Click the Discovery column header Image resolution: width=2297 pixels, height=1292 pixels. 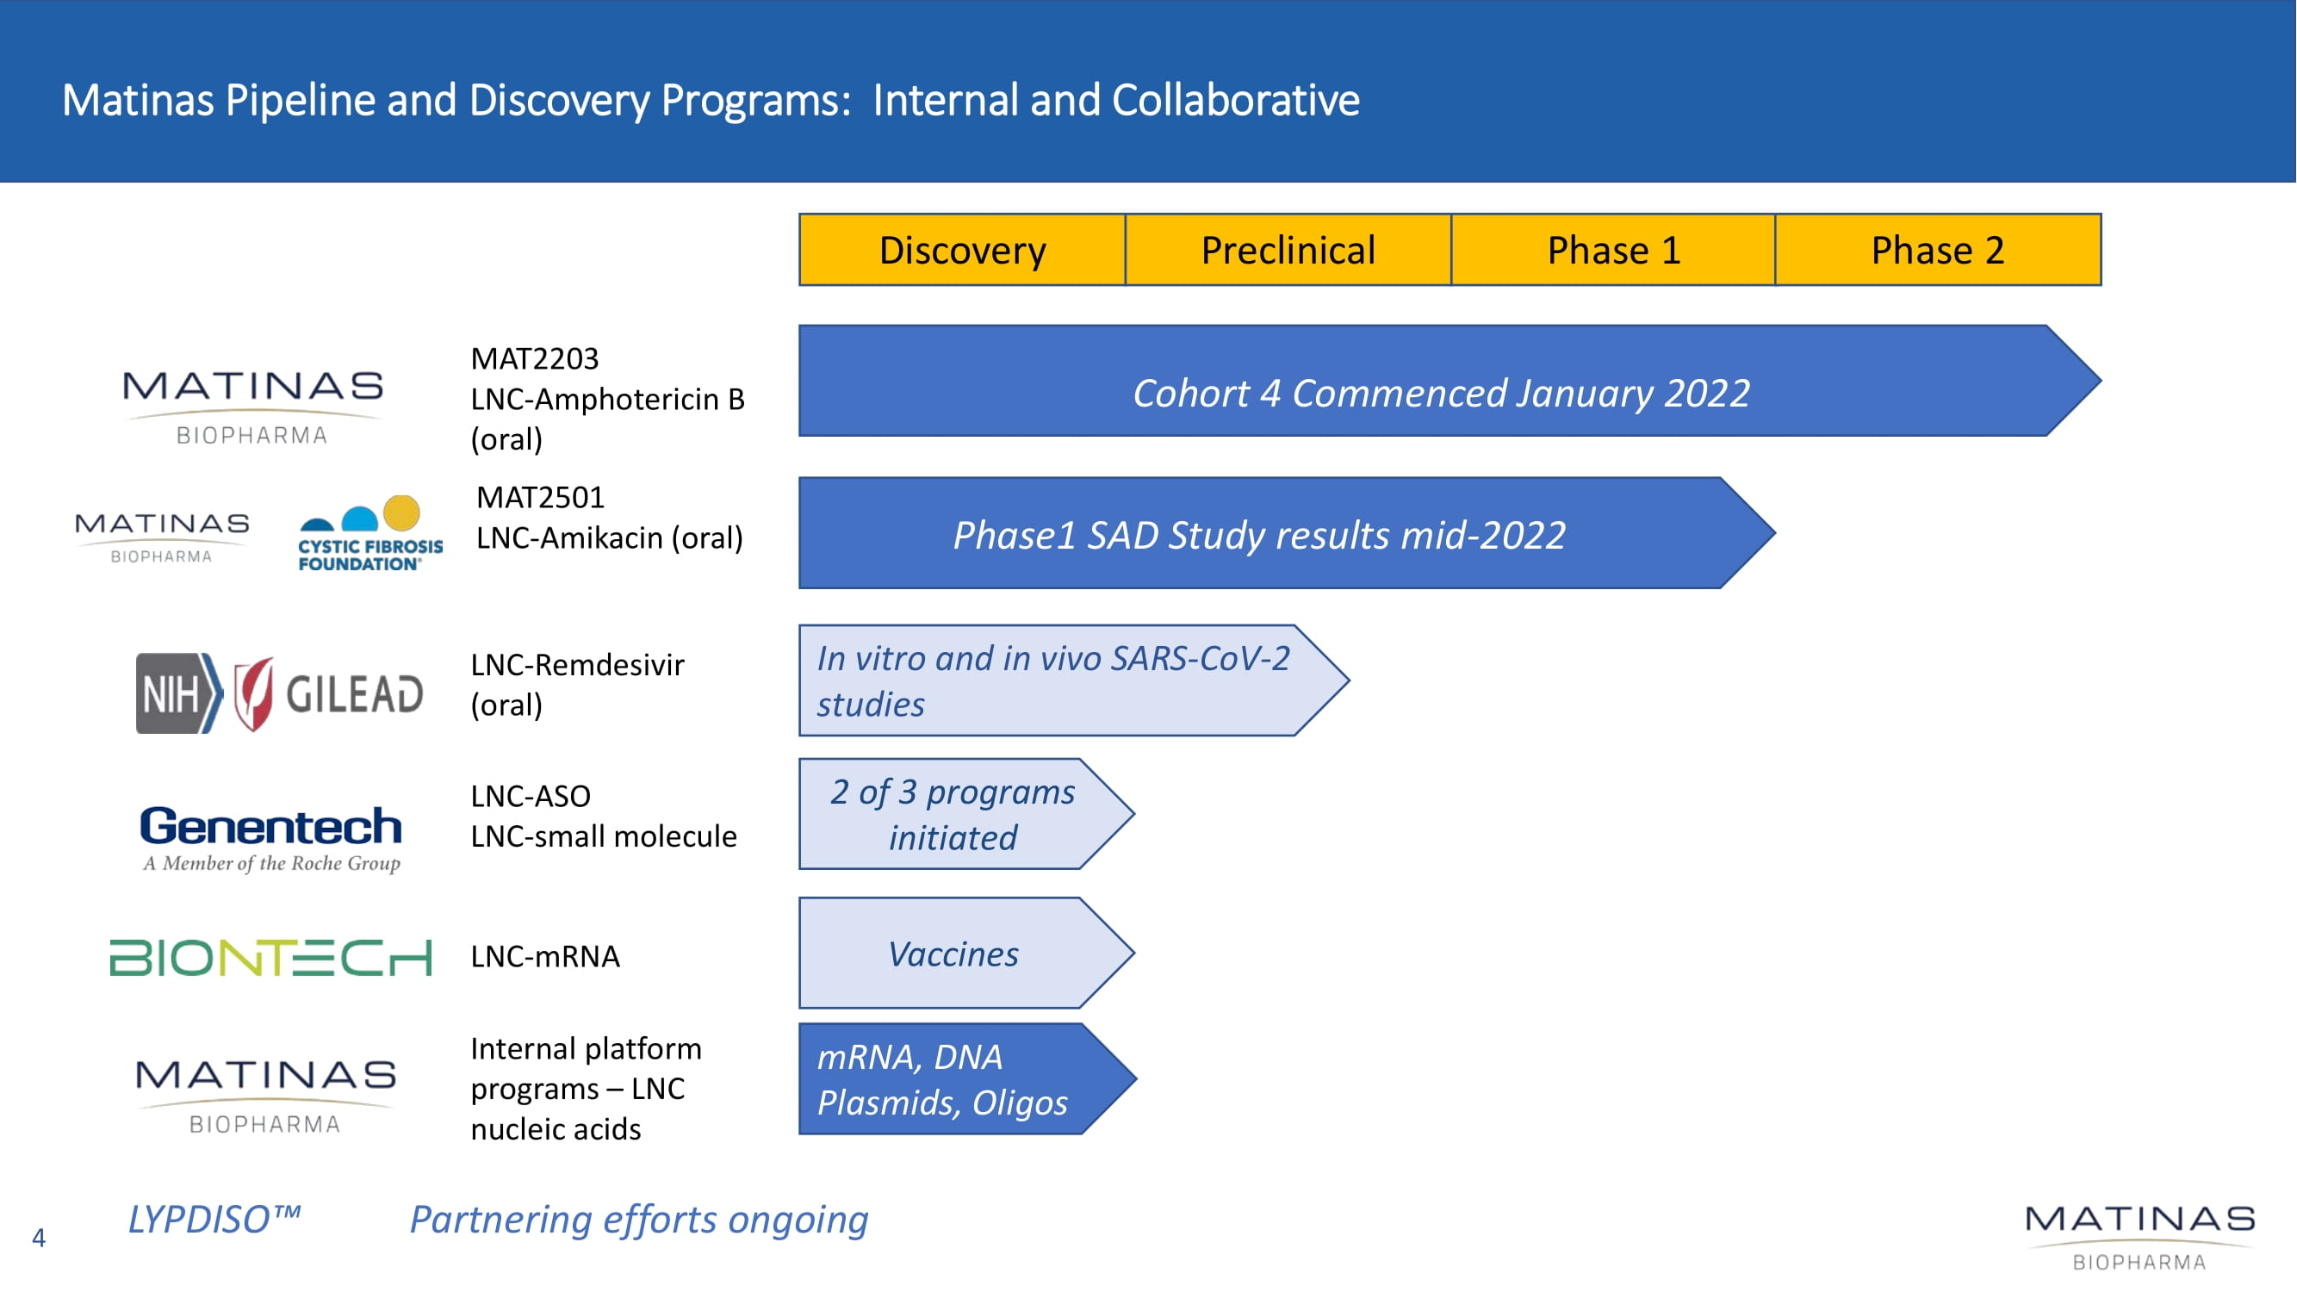pos(962,250)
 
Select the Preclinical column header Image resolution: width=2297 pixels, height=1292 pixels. pos(1288,250)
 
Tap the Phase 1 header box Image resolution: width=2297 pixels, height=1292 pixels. pos(1613,250)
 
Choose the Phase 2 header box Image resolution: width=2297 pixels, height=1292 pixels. pos(1939,250)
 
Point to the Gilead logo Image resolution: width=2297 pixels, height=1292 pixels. pos(328,693)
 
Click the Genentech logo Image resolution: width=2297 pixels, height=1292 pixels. pos(271,838)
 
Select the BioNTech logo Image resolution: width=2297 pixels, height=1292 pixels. pos(270,957)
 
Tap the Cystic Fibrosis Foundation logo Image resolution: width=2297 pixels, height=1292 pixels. pos(370,533)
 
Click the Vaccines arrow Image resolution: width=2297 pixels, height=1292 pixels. pos(966,953)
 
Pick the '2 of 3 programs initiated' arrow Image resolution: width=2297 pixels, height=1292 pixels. pos(966,814)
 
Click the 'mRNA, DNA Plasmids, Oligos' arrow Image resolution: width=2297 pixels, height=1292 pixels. pos(966,1079)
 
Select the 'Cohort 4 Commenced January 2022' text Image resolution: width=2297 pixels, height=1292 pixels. pos(1441,394)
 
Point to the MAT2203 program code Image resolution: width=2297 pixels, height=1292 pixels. pos(535,358)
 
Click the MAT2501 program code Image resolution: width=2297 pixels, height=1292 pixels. pos(540,497)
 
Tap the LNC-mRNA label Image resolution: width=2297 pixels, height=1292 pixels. pos(545,956)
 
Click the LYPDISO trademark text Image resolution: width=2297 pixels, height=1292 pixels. pos(214,1220)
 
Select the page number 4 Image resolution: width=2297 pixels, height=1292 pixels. pos(39,1238)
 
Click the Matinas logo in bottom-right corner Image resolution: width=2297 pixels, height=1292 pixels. pos(2140,1238)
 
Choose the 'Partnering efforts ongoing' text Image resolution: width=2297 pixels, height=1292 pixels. pos(638,1220)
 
